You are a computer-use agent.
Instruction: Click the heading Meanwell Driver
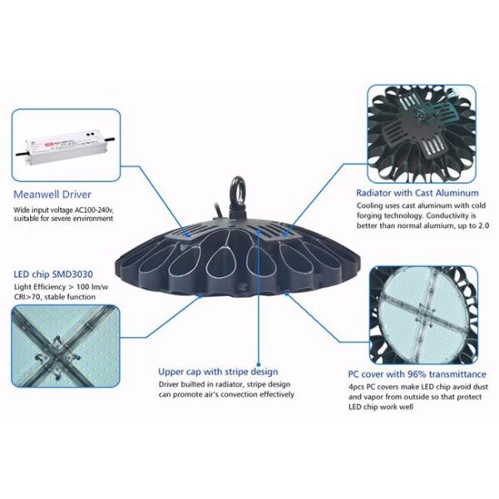(x=52, y=195)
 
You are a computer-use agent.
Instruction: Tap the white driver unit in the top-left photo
(x=65, y=146)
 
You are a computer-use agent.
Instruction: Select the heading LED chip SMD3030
(x=53, y=274)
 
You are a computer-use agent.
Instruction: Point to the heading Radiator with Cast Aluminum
(x=417, y=193)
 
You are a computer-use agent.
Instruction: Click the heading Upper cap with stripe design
(x=218, y=372)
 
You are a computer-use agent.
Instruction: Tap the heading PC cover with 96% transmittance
(x=417, y=374)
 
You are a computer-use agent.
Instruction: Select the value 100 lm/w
(x=92, y=287)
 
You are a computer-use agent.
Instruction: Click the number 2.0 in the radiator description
(x=483, y=225)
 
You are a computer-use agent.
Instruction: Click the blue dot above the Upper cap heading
(x=259, y=365)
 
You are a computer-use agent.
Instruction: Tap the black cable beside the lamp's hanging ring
(x=220, y=210)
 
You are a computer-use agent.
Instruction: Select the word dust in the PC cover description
(x=481, y=387)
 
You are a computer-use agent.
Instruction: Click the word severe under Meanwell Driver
(x=60, y=219)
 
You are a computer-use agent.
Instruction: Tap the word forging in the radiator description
(x=369, y=216)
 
